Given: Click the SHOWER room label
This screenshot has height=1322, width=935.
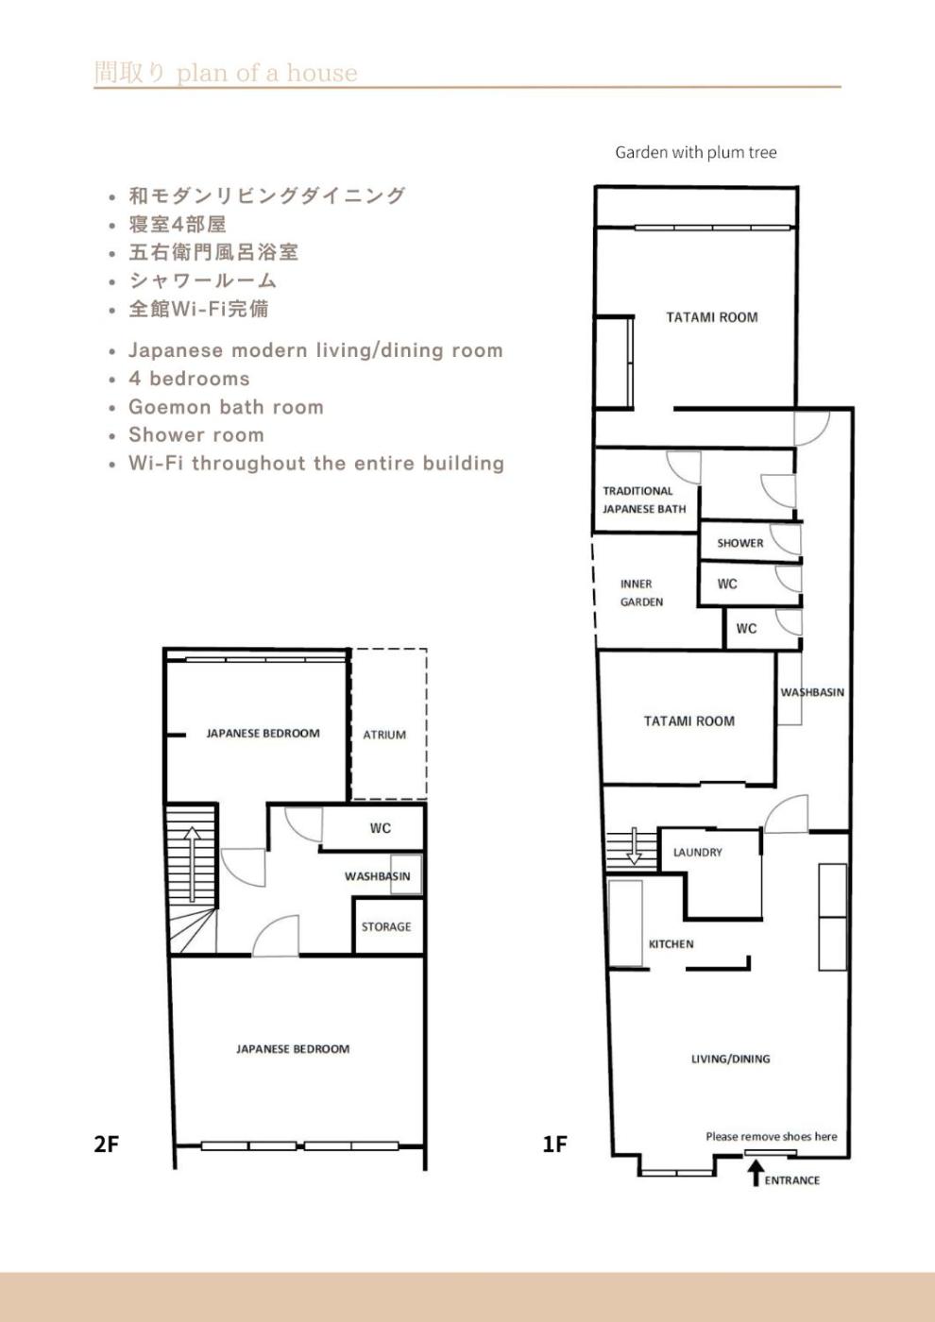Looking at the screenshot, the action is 740,543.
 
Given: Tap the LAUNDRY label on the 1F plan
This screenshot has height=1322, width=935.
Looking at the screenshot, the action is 698,852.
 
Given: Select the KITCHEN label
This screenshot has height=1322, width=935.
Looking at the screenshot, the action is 671,944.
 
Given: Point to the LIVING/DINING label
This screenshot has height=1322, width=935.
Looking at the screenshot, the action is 731,1059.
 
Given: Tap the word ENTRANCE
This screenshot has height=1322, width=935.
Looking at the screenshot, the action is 792,1180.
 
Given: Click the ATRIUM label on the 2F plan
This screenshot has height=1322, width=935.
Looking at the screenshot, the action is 385,735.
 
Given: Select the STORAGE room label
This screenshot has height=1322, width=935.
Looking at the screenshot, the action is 386,926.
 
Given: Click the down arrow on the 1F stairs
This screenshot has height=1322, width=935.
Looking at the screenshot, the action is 634,846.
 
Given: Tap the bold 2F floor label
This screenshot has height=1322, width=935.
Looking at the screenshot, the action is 106,1144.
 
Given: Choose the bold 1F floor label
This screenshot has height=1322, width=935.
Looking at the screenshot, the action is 555,1144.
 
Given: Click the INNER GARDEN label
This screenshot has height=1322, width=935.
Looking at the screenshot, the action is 641,593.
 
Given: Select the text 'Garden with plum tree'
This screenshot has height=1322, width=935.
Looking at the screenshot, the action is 696,152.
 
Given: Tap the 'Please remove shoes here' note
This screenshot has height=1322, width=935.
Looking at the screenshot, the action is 772,1136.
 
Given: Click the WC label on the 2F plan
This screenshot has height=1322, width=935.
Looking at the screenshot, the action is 381,829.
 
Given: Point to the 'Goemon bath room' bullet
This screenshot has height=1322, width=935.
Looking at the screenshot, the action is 226,407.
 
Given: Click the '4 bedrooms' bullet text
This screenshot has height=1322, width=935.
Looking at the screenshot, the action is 189,379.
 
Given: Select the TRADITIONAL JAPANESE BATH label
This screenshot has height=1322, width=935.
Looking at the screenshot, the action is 644,500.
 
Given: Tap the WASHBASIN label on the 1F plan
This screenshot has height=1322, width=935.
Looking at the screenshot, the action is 812,692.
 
